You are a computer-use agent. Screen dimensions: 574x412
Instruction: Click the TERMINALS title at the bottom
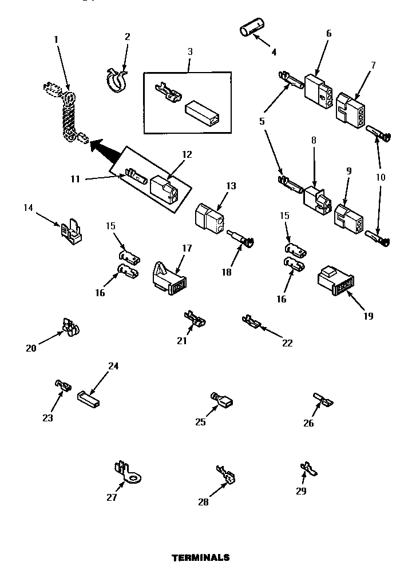[x=201, y=557]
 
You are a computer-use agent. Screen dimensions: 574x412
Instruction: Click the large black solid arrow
[x=107, y=150]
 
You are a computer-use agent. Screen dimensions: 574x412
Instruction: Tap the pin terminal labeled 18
[x=241, y=239]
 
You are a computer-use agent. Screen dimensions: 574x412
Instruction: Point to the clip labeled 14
[x=70, y=230]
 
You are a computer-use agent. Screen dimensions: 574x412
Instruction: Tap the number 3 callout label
[x=189, y=51]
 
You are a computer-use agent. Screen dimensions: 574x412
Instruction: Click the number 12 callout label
[x=187, y=154]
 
